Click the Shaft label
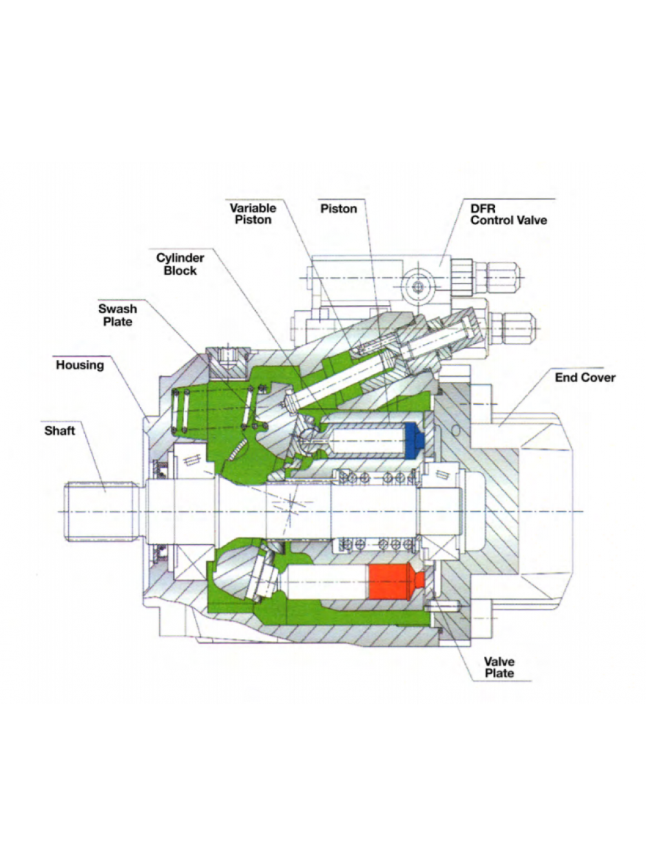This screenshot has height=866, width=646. pyautogui.click(x=59, y=430)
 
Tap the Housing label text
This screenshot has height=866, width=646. pyautogui.click(x=79, y=365)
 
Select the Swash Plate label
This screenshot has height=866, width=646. pyautogui.click(x=118, y=315)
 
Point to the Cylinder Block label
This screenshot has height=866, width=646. pyautogui.click(x=180, y=264)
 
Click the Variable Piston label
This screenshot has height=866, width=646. pyautogui.click(x=253, y=214)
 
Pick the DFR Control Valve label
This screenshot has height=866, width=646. pyautogui.click(x=509, y=214)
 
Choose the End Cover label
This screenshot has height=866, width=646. pyautogui.click(x=585, y=377)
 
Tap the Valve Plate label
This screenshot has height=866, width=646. pyautogui.click(x=499, y=667)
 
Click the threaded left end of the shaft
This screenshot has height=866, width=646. pyautogui.click(x=102, y=512)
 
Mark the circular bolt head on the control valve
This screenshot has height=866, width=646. pyautogui.click(x=418, y=286)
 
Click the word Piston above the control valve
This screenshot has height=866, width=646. pyautogui.click(x=339, y=209)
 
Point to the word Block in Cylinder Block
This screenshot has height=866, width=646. pyautogui.click(x=180, y=271)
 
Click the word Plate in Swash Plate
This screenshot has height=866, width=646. pyautogui.click(x=118, y=322)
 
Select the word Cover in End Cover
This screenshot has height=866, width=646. pyautogui.click(x=599, y=377)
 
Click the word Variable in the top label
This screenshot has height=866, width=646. pyautogui.click(x=253, y=208)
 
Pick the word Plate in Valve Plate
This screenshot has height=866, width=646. pyautogui.click(x=499, y=673)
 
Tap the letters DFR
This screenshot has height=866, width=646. pyautogui.click(x=483, y=208)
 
